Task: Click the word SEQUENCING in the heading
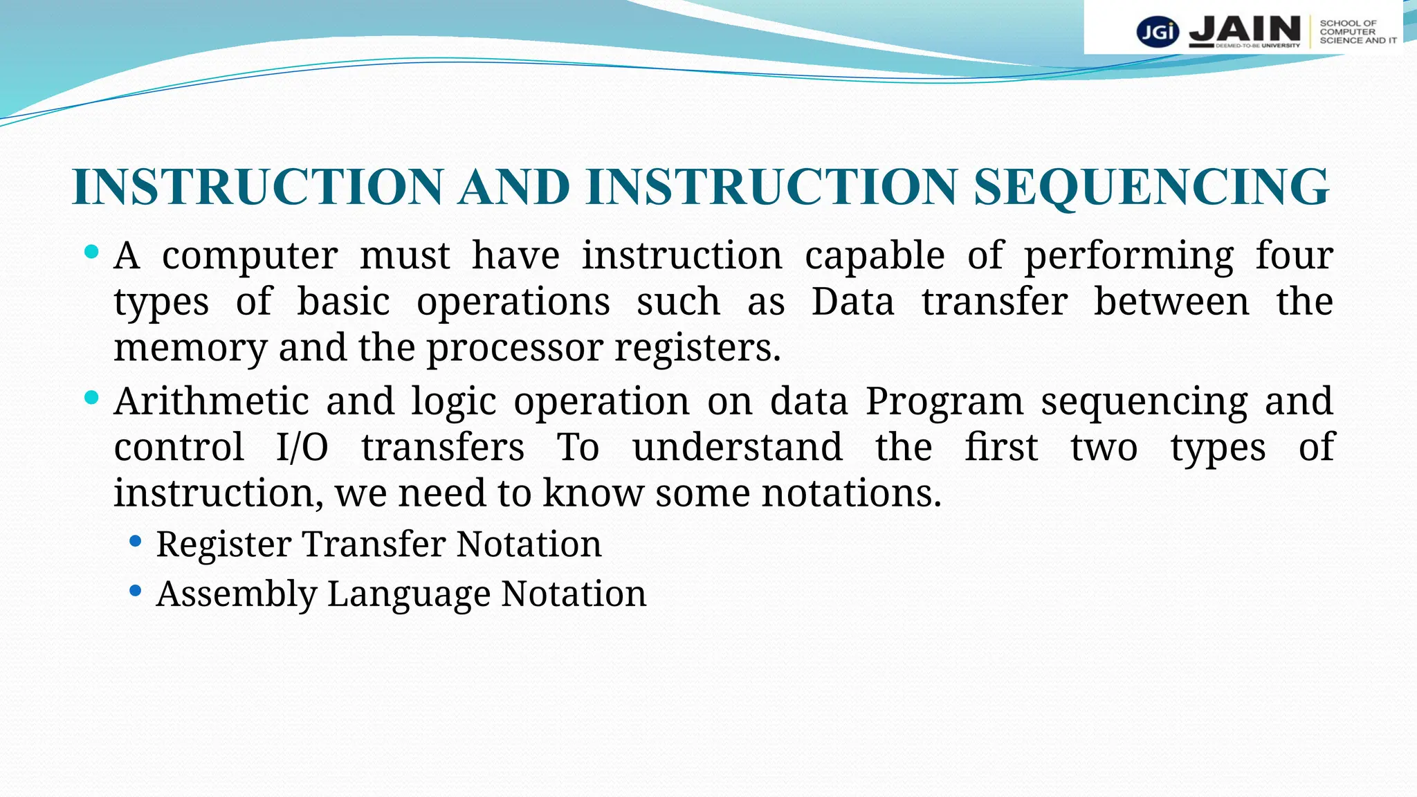1151,187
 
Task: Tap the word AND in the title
514,187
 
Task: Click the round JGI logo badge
1157,32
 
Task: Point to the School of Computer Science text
1357,32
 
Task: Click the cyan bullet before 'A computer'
91,251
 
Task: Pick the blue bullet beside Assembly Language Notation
136,591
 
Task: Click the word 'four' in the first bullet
1294,255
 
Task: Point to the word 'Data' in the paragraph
852,302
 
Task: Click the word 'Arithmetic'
211,401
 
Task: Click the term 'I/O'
302,448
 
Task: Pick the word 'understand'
737,448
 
